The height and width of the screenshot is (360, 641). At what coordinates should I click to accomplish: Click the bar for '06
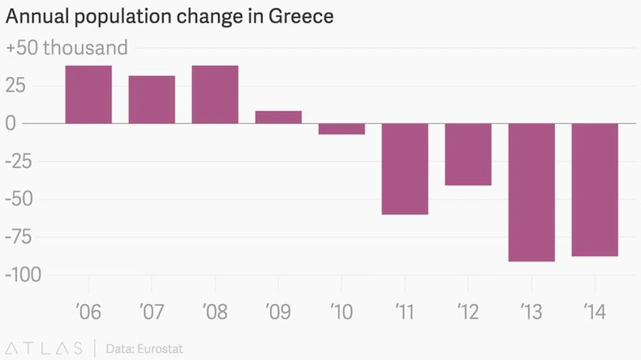[88, 94]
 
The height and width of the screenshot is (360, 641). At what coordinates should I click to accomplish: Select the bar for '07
[152, 99]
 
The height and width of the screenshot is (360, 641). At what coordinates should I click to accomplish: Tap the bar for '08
[215, 94]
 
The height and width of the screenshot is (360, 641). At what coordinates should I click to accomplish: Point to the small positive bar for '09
[278, 117]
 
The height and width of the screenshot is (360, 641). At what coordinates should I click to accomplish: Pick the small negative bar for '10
[342, 129]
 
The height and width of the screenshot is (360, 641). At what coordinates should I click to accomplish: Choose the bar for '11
[405, 169]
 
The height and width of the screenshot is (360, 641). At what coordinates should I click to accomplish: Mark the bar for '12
[468, 154]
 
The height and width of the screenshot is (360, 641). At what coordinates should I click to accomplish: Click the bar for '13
[531, 192]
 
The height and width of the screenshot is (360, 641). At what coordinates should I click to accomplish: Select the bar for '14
[595, 190]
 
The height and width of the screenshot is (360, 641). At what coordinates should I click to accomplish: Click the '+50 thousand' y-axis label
[67, 48]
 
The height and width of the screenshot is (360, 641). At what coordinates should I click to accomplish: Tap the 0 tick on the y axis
[11, 123]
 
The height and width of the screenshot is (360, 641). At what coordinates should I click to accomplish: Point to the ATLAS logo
[44, 349]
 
